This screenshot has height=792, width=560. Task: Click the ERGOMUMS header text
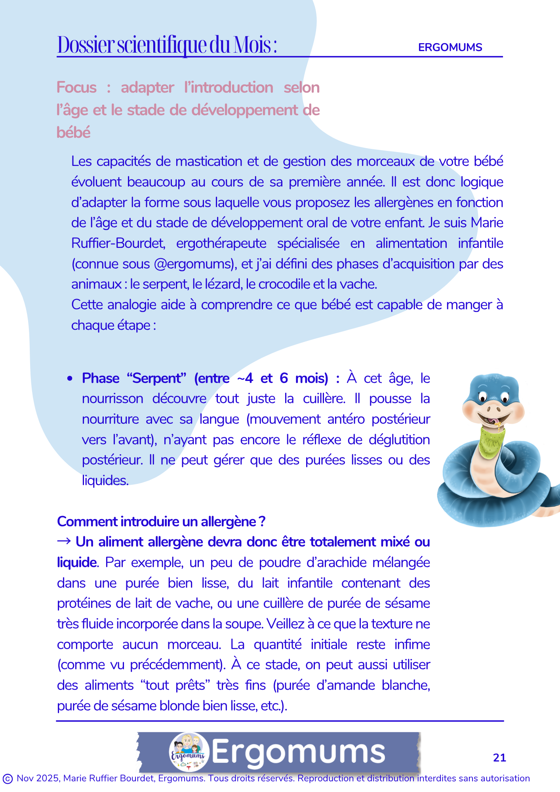450,48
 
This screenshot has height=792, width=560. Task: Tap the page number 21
499,758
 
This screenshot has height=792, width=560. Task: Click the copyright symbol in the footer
7,779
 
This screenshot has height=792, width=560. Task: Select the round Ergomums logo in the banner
189,752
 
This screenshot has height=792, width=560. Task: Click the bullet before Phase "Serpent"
70,379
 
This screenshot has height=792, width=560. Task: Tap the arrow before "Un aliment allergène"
64,541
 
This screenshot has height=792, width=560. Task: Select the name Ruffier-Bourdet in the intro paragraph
118,243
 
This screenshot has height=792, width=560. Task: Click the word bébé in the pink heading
74,132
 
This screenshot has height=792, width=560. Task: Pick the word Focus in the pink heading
76,88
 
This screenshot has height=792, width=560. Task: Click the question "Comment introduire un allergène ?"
161,522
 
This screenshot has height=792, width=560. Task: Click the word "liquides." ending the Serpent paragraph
105,480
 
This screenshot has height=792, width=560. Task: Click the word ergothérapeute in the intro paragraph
221,243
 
